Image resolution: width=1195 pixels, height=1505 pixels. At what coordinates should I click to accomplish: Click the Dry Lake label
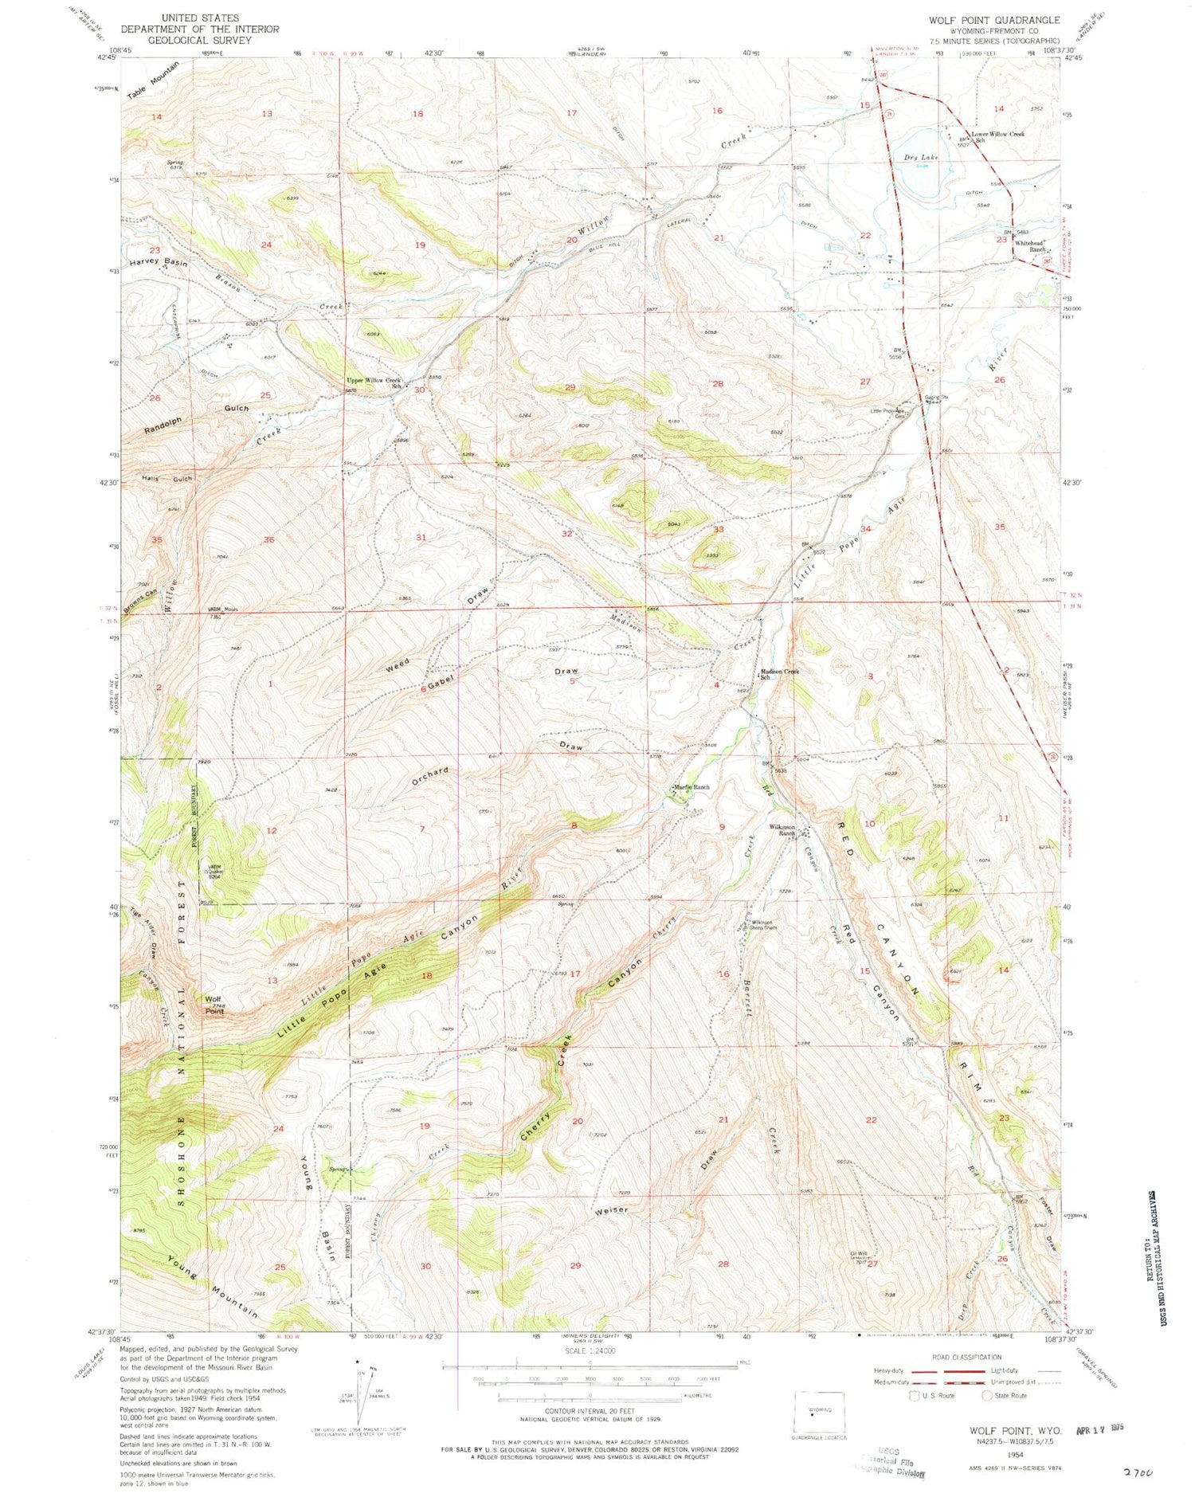pyautogui.click(x=922, y=158)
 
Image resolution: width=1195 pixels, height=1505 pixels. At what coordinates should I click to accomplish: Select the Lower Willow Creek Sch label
pyautogui.click(x=997, y=136)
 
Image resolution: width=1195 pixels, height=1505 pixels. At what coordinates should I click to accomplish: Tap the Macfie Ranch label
pyautogui.click(x=691, y=787)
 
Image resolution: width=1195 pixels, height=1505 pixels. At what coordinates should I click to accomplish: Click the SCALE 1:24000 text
pyautogui.click(x=589, y=1350)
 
